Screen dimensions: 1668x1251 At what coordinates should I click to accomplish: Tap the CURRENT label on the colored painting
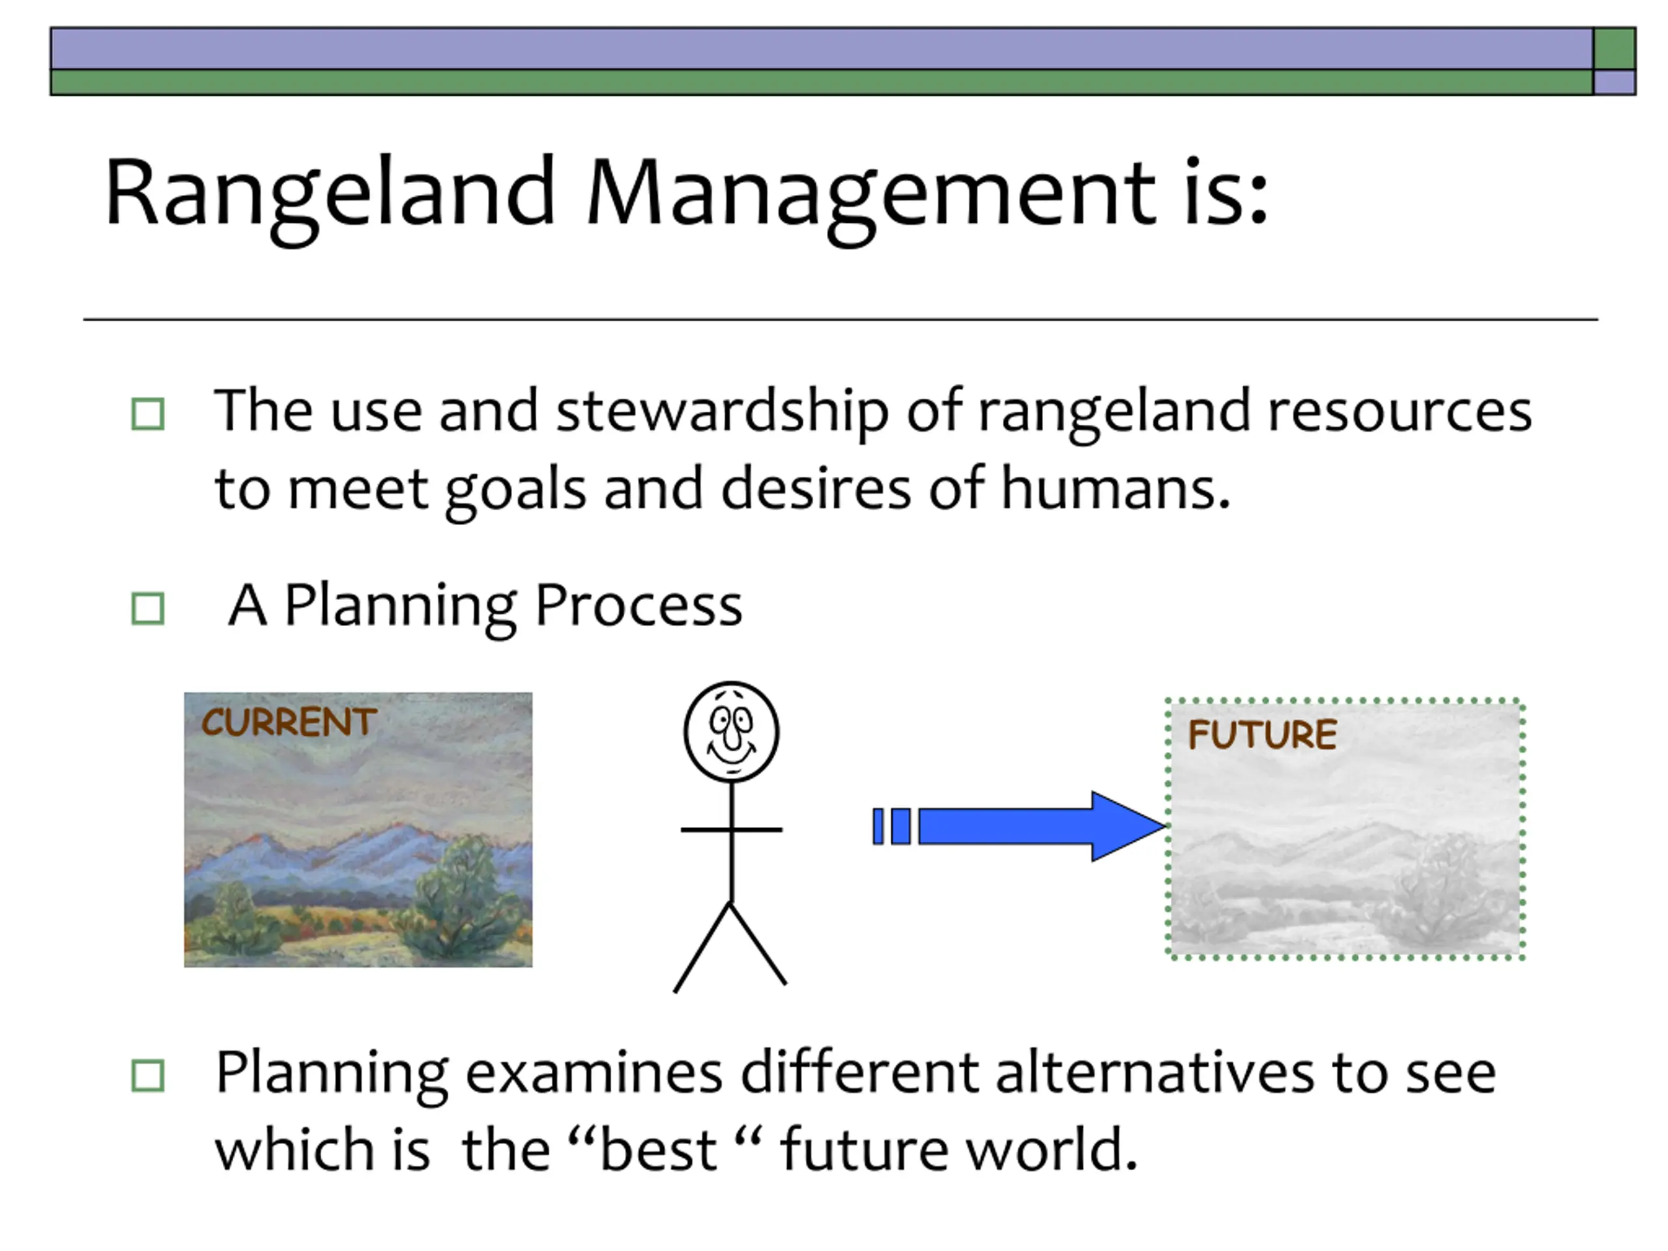pyautogui.click(x=289, y=722)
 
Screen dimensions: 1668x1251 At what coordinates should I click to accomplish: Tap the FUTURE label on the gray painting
pyautogui.click(x=1262, y=734)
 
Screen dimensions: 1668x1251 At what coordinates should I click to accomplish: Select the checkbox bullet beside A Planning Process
pyautogui.click(x=148, y=609)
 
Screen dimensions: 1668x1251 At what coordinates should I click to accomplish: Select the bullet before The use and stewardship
pyautogui.click(x=148, y=414)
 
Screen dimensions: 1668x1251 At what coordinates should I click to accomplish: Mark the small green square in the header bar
pyautogui.click(x=1615, y=48)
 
